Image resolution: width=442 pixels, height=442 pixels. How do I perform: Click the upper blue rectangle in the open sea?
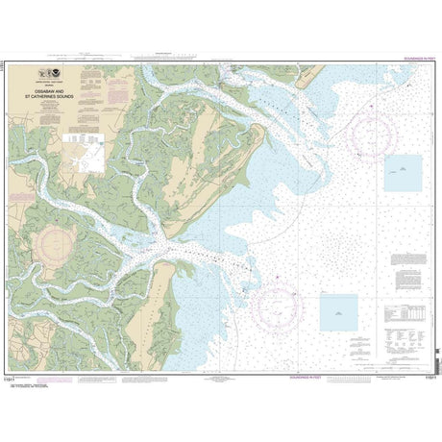point(402,172)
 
